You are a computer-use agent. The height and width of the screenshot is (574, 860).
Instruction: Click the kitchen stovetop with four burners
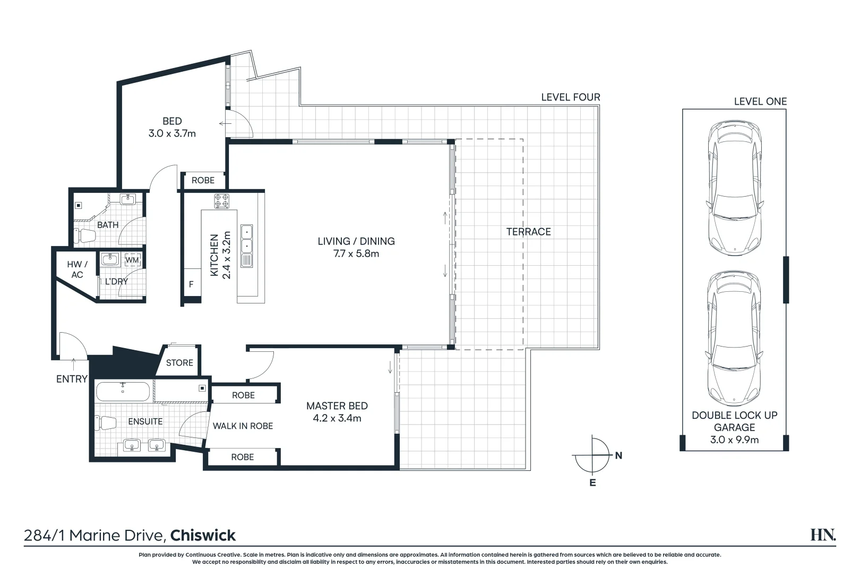pos(222,201)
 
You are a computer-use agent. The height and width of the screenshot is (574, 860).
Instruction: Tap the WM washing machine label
pos(132,260)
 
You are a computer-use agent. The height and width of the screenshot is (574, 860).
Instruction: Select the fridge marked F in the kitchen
pos(191,285)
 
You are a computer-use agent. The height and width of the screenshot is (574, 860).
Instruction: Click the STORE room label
pos(179,362)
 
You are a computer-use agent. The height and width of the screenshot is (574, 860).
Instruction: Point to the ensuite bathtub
pos(123,392)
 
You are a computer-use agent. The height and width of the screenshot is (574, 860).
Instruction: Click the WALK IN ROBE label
pos(243,426)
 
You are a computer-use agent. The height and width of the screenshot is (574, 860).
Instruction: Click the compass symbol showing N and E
pos(593,456)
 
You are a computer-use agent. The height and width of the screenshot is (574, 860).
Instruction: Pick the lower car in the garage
pos(734,339)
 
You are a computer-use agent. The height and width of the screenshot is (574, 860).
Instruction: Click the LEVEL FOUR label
pos(571,97)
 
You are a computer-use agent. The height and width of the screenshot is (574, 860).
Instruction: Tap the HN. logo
pos(822,535)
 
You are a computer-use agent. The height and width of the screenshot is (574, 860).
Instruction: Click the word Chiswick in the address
pos(203,535)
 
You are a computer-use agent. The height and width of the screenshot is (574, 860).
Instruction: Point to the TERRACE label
pos(528,232)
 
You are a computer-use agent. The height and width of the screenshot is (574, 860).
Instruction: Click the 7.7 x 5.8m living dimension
pos(356,254)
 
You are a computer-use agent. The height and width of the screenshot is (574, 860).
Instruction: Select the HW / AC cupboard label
pos(77,269)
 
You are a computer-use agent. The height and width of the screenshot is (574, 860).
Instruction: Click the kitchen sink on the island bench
pos(247,239)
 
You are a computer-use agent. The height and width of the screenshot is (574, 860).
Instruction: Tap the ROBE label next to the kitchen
pos(203,180)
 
